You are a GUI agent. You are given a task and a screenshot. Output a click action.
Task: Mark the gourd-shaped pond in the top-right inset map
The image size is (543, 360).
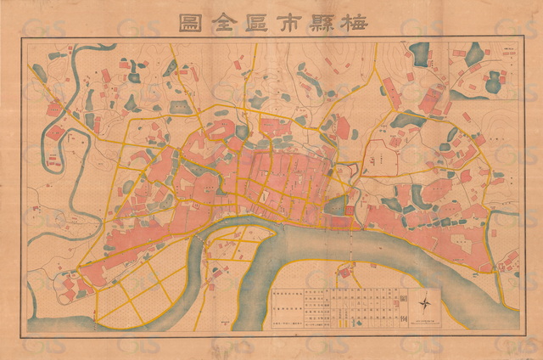[x=493, y=83]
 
